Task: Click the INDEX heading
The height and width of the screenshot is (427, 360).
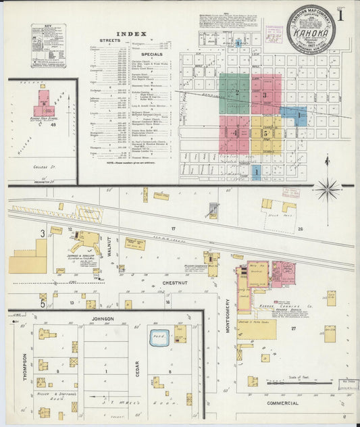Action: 126,33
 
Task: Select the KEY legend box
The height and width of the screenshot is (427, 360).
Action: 48,45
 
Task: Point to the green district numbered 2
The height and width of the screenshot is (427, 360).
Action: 234,94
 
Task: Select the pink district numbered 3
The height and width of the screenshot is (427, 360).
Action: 266,95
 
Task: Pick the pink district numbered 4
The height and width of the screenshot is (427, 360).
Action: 234,134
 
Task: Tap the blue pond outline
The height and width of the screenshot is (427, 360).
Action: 160,336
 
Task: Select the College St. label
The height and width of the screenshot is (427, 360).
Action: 43,166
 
